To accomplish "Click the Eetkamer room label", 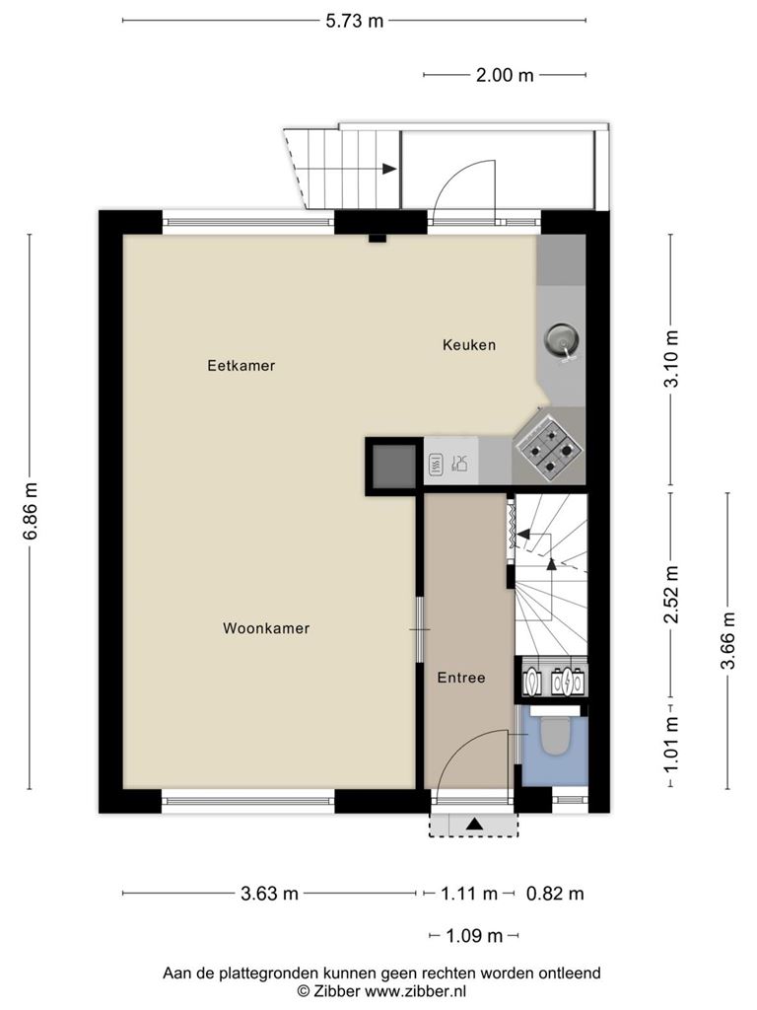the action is click(241, 365).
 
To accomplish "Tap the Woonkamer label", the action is click(266, 628).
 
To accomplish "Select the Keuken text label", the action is click(468, 344).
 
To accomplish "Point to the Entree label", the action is click(461, 678).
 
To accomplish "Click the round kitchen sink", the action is click(562, 340).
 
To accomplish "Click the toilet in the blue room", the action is click(554, 736).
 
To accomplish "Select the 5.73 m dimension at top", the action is click(354, 22).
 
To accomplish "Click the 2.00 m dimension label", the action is click(505, 75).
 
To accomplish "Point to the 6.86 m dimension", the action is click(31, 511).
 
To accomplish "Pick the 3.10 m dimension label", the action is click(671, 358).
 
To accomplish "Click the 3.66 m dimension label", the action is click(728, 640).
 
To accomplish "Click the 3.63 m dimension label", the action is click(269, 894).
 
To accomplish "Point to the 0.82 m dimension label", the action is click(555, 894).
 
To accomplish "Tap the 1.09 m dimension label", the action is click(474, 935).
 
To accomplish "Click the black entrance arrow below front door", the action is click(474, 823).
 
